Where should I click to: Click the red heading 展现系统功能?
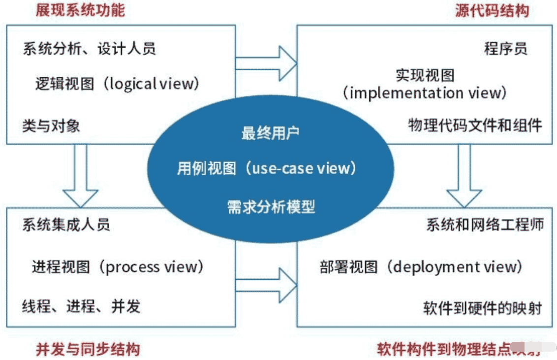(x=80, y=11)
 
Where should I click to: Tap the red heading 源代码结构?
(x=492, y=11)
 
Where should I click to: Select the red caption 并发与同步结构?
(x=88, y=349)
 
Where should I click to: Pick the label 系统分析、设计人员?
(x=89, y=49)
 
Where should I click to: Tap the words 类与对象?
(x=51, y=126)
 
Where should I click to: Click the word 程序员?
(x=506, y=49)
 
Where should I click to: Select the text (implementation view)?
(x=424, y=92)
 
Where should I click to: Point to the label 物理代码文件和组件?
(x=475, y=125)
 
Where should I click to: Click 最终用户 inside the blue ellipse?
(x=271, y=133)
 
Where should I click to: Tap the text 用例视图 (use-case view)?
(x=266, y=169)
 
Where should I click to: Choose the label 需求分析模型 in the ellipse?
(x=271, y=207)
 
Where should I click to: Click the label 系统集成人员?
(x=66, y=225)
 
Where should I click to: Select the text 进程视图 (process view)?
(x=118, y=267)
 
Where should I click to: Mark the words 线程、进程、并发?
(x=81, y=306)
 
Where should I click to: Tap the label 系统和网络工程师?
(x=485, y=225)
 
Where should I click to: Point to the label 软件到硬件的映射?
(x=483, y=308)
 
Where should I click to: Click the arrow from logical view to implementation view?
(x=266, y=63)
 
